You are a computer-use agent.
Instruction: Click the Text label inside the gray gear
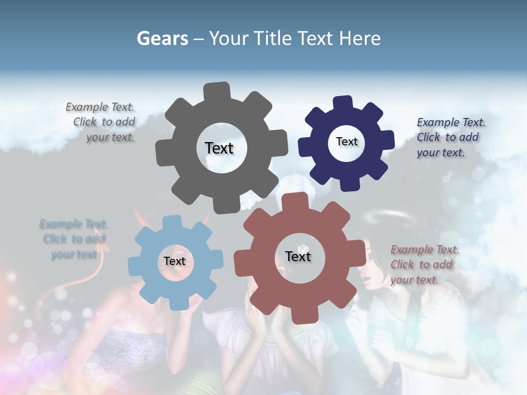219,148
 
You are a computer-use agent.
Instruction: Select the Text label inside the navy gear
346,142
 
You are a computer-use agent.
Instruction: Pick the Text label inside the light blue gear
175,261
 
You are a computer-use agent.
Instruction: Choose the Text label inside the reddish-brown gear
298,256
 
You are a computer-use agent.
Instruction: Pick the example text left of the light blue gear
74,239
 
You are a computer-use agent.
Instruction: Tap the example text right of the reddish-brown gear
423,264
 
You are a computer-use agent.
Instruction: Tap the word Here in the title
360,38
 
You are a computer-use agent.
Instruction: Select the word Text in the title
316,38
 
